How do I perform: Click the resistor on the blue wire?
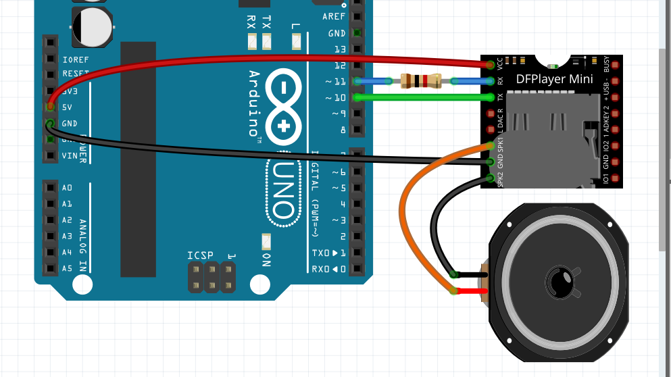(421, 82)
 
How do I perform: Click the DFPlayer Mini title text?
(554, 79)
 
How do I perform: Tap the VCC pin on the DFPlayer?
(491, 65)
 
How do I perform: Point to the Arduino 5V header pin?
(50, 107)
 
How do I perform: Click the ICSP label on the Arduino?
(201, 255)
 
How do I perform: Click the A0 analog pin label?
(67, 188)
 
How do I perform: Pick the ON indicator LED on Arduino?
(266, 241)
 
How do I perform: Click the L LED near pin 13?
(296, 42)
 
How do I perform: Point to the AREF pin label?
(334, 17)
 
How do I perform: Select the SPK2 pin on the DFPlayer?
(491, 178)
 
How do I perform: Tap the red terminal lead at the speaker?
(473, 291)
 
